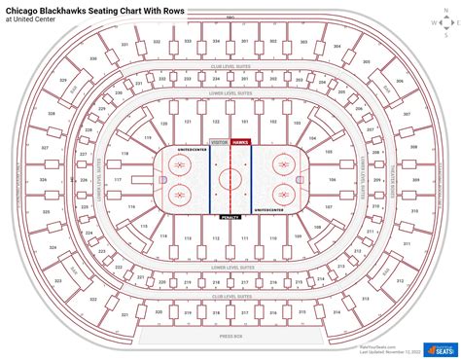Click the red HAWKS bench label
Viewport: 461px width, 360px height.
pyautogui.click(x=240, y=142)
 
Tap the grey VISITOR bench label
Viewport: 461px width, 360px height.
pyautogui.click(x=218, y=142)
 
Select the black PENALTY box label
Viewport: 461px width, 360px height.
pyautogui.click(x=230, y=217)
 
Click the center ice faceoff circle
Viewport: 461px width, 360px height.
pyautogui.click(x=230, y=179)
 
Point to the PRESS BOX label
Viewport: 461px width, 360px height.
pyautogui.click(x=230, y=336)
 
